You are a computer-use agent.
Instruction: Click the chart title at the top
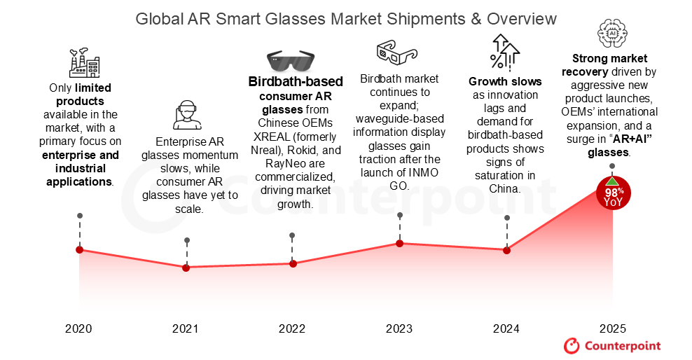coord(346,18)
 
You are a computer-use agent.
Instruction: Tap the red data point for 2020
coord(79,250)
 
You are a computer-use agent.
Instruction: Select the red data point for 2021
coord(186,268)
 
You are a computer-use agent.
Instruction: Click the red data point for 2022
coord(293,263)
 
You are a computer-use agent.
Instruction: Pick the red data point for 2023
coord(400,243)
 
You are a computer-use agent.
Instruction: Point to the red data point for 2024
coord(506,250)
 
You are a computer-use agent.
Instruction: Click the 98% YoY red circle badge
coord(613,192)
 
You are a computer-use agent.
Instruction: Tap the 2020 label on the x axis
coord(78,328)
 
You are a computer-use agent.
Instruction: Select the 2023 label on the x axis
coord(399,328)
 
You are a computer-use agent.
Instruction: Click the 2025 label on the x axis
coord(613,328)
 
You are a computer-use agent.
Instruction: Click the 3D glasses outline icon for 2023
coord(396,51)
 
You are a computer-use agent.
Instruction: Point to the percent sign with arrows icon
coord(504,51)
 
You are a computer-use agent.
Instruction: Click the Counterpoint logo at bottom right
coord(612,345)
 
